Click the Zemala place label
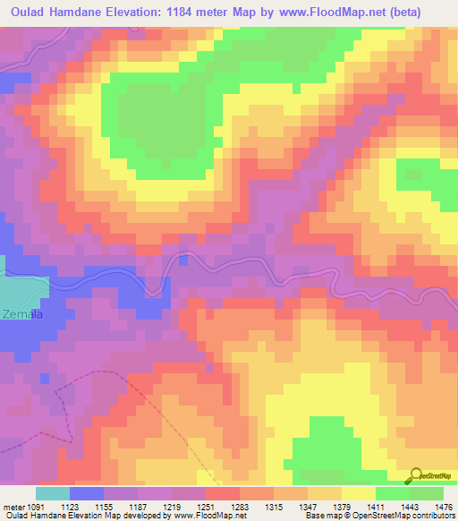[x=21, y=314]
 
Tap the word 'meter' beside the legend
[x=12, y=508]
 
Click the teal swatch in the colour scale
[x=53, y=493]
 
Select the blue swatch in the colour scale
[x=87, y=493]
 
